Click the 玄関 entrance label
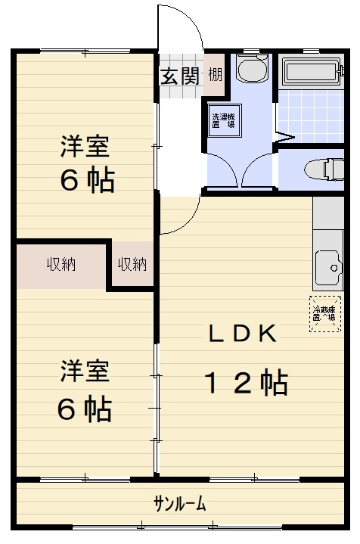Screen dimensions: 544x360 tap(179, 76)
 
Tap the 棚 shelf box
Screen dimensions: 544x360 tap(216, 76)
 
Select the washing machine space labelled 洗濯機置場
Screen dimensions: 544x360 tap(223, 121)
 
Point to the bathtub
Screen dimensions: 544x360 tap(313, 73)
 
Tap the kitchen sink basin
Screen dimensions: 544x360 tap(327, 266)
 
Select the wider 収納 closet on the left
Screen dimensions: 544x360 tap(61, 265)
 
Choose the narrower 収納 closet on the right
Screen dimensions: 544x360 tap(132, 265)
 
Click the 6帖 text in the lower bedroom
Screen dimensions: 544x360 tap(85, 409)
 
